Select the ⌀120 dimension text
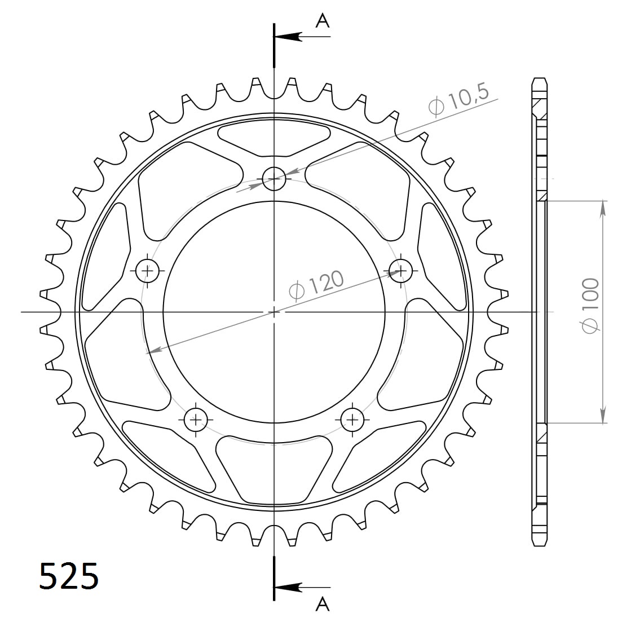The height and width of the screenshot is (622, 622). point(316,285)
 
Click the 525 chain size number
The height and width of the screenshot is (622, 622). point(69,576)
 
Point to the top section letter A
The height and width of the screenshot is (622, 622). point(322,21)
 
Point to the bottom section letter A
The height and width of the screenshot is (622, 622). point(322,605)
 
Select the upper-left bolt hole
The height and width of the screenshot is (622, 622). point(148,271)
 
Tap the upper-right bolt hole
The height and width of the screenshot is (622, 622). point(400,271)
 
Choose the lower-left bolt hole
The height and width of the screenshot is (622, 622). point(196,419)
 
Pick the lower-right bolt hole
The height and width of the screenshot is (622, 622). point(352,419)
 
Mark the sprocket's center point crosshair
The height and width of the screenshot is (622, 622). point(274,311)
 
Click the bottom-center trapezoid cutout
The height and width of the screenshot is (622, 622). point(274,468)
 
